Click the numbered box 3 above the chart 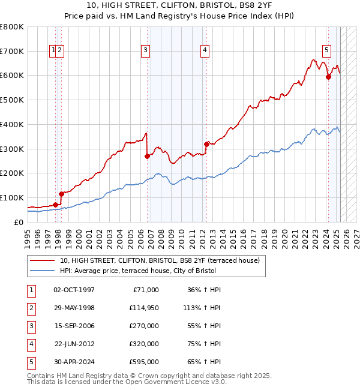pyautogui.click(x=146, y=51)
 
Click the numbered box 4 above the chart pyautogui.click(x=205, y=51)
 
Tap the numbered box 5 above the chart pyautogui.click(x=326, y=51)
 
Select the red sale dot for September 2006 pyautogui.click(x=148, y=156)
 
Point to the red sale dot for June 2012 pyautogui.click(x=206, y=144)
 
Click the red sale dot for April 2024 pyautogui.click(x=328, y=77)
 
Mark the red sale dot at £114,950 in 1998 pyautogui.click(x=61, y=194)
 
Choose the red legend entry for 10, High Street pyautogui.click(x=160, y=260)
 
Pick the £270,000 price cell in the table pyautogui.click(x=144, y=326)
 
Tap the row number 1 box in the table pyautogui.click(x=31, y=290)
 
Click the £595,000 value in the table pyautogui.click(x=144, y=362)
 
